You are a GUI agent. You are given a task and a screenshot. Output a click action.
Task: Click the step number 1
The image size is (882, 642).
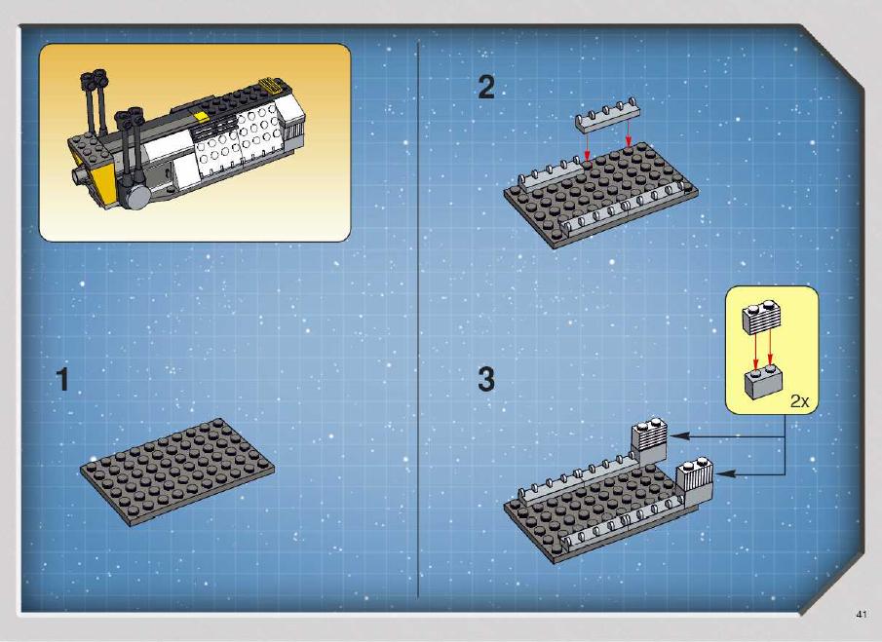coord(62,380)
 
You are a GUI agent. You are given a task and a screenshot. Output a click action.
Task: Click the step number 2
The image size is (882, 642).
coord(486,88)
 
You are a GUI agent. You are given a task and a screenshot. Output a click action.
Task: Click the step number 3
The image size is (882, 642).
coord(486,380)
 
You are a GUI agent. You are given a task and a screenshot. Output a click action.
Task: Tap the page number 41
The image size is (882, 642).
coord(862,615)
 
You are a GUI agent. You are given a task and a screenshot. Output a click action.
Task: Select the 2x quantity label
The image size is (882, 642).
coord(799,401)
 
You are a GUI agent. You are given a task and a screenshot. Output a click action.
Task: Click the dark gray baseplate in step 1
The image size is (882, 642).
coord(177,472)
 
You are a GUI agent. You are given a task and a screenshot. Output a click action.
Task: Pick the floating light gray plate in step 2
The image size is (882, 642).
coord(607,116)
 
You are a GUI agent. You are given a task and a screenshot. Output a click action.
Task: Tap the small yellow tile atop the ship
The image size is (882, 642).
coord(200,116)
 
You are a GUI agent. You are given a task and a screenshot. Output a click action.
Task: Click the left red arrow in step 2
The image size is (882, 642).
coord(587,147)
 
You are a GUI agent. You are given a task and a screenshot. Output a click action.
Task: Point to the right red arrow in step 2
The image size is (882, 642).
coord(629,135)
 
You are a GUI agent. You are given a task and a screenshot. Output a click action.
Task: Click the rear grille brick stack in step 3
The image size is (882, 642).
coord(648,441)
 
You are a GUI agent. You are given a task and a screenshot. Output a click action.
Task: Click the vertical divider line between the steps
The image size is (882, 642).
coord(418,319)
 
